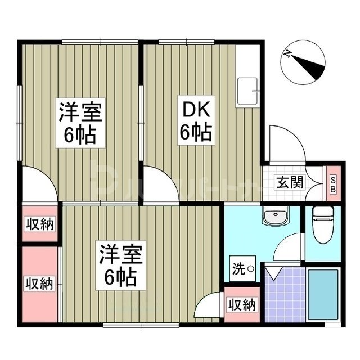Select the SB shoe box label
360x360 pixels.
click(x=332, y=183)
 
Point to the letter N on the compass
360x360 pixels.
click(x=288, y=55)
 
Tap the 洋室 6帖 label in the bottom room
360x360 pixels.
click(x=119, y=265)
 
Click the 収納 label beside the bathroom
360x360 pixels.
click(x=242, y=305)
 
